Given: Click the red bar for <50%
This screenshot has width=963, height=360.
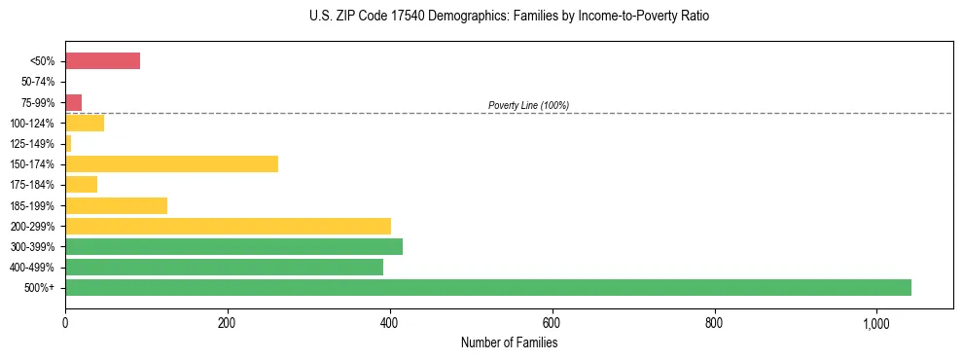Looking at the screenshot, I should [102, 61].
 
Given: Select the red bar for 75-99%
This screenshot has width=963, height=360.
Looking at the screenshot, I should [73, 102].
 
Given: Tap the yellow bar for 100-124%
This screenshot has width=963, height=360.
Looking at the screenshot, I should [85, 123].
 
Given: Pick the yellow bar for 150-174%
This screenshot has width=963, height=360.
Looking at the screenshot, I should [171, 163].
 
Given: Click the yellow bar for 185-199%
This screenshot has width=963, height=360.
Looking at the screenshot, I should [116, 205].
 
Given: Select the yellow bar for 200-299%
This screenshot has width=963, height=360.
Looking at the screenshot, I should [228, 226].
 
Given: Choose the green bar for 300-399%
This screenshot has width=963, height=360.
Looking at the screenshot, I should [233, 246].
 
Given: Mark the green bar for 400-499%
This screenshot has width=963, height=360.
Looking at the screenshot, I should [224, 267].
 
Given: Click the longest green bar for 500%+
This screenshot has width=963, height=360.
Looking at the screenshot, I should [488, 287].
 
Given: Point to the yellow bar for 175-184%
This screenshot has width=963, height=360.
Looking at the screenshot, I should [81, 184].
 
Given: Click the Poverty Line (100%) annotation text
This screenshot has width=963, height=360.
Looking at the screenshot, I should [528, 105].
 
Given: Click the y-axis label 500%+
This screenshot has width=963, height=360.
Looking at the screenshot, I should [40, 288].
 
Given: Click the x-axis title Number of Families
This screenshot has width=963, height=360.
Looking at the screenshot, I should [509, 342].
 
